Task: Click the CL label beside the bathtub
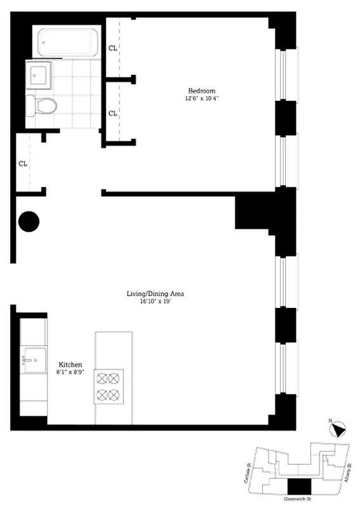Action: (x=112, y=48)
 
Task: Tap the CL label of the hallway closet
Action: (x=23, y=163)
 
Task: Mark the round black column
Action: (x=29, y=222)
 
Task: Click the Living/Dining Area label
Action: (x=155, y=294)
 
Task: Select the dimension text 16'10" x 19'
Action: (x=155, y=302)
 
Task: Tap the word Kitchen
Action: (x=71, y=364)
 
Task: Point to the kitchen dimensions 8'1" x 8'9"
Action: (x=71, y=372)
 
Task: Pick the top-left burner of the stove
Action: (x=102, y=378)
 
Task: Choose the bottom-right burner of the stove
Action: (x=114, y=395)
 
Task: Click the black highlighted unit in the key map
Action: (x=296, y=488)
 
